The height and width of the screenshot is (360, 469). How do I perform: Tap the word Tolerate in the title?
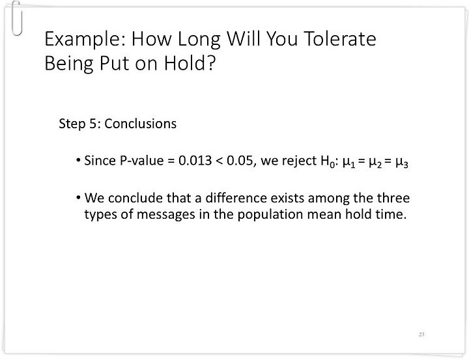pyautogui.click(x=340, y=38)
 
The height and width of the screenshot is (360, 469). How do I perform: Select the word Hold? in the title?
pyautogui.click(x=190, y=62)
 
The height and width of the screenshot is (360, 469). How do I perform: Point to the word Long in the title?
pyautogui.click(x=199, y=40)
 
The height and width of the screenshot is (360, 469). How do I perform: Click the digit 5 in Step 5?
pyautogui.click(x=93, y=124)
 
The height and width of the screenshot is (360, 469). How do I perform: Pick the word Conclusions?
pyautogui.click(x=141, y=124)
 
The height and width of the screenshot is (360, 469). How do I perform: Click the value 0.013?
pyautogui.click(x=195, y=161)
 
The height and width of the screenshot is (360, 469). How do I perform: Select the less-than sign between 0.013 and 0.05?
pyautogui.click(x=220, y=161)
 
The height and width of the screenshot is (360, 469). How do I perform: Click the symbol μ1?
pyautogui.click(x=348, y=163)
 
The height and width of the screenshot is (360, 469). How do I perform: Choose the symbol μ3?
pyautogui.click(x=402, y=163)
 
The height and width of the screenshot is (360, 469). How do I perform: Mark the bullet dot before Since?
pyautogui.click(x=78, y=160)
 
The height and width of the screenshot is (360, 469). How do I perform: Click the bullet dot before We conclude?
pyautogui.click(x=78, y=198)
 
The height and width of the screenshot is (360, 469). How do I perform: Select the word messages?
pyautogui.click(x=165, y=214)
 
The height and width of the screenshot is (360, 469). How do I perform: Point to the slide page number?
pyautogui.click(x=421, y=335)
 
